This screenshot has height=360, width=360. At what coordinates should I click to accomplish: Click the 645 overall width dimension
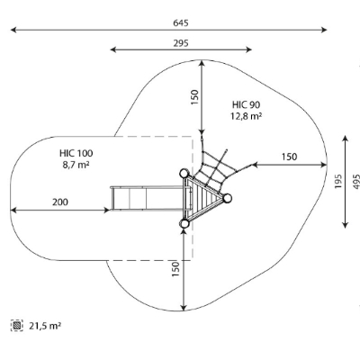[181, 23]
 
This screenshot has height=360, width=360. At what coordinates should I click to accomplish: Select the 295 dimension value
[181, 43]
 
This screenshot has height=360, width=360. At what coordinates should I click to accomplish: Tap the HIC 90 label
[246, 104]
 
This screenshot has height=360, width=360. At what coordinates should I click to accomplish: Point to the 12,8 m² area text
[246, 116]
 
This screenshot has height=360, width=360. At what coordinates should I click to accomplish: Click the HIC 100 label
[76, 153]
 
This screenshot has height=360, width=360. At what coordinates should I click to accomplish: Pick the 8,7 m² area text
[76, 165]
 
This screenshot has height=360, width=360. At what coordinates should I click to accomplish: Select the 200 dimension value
[60, 202]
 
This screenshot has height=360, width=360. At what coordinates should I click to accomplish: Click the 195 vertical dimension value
[338, 181]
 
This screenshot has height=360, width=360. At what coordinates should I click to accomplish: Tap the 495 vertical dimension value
[356, 181]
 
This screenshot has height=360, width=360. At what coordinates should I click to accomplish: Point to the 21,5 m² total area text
[45, 326]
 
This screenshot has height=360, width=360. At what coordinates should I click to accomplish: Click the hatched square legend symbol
[17, 325]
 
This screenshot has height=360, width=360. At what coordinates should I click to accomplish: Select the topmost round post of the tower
[184, 173]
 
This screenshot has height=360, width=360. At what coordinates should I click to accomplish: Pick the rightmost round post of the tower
[227, 198]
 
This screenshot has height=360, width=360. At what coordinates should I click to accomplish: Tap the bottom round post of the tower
[184, 223]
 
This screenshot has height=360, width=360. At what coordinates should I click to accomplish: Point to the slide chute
[147, 198]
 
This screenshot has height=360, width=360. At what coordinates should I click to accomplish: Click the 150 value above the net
[195, 97]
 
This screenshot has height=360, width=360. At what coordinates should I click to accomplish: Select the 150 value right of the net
[289, 157]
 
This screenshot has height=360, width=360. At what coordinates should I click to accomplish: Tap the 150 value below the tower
[175, 269]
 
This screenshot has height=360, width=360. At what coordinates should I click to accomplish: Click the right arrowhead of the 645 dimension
[324, 30]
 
